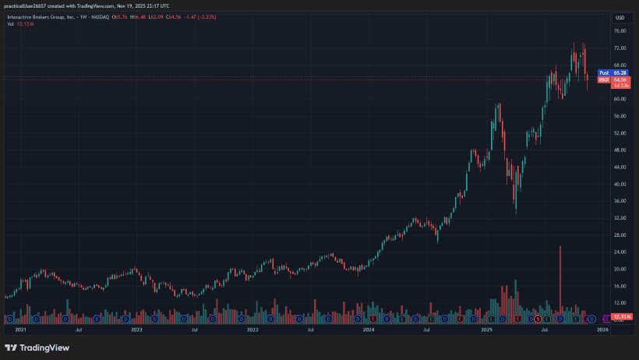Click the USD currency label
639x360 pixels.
click(620, 17)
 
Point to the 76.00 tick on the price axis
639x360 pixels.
click(620, 31)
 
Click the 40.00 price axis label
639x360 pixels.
click(620, 185)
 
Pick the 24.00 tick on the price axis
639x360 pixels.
click(620, 252)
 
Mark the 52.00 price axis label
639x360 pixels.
click(620, 133)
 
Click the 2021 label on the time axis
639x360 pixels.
click(21, 330)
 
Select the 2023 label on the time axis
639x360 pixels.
click(252, 330)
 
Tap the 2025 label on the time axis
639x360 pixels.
click(486, 330)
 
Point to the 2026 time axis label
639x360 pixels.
click(602, 330)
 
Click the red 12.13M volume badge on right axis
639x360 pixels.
click(621, 316)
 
